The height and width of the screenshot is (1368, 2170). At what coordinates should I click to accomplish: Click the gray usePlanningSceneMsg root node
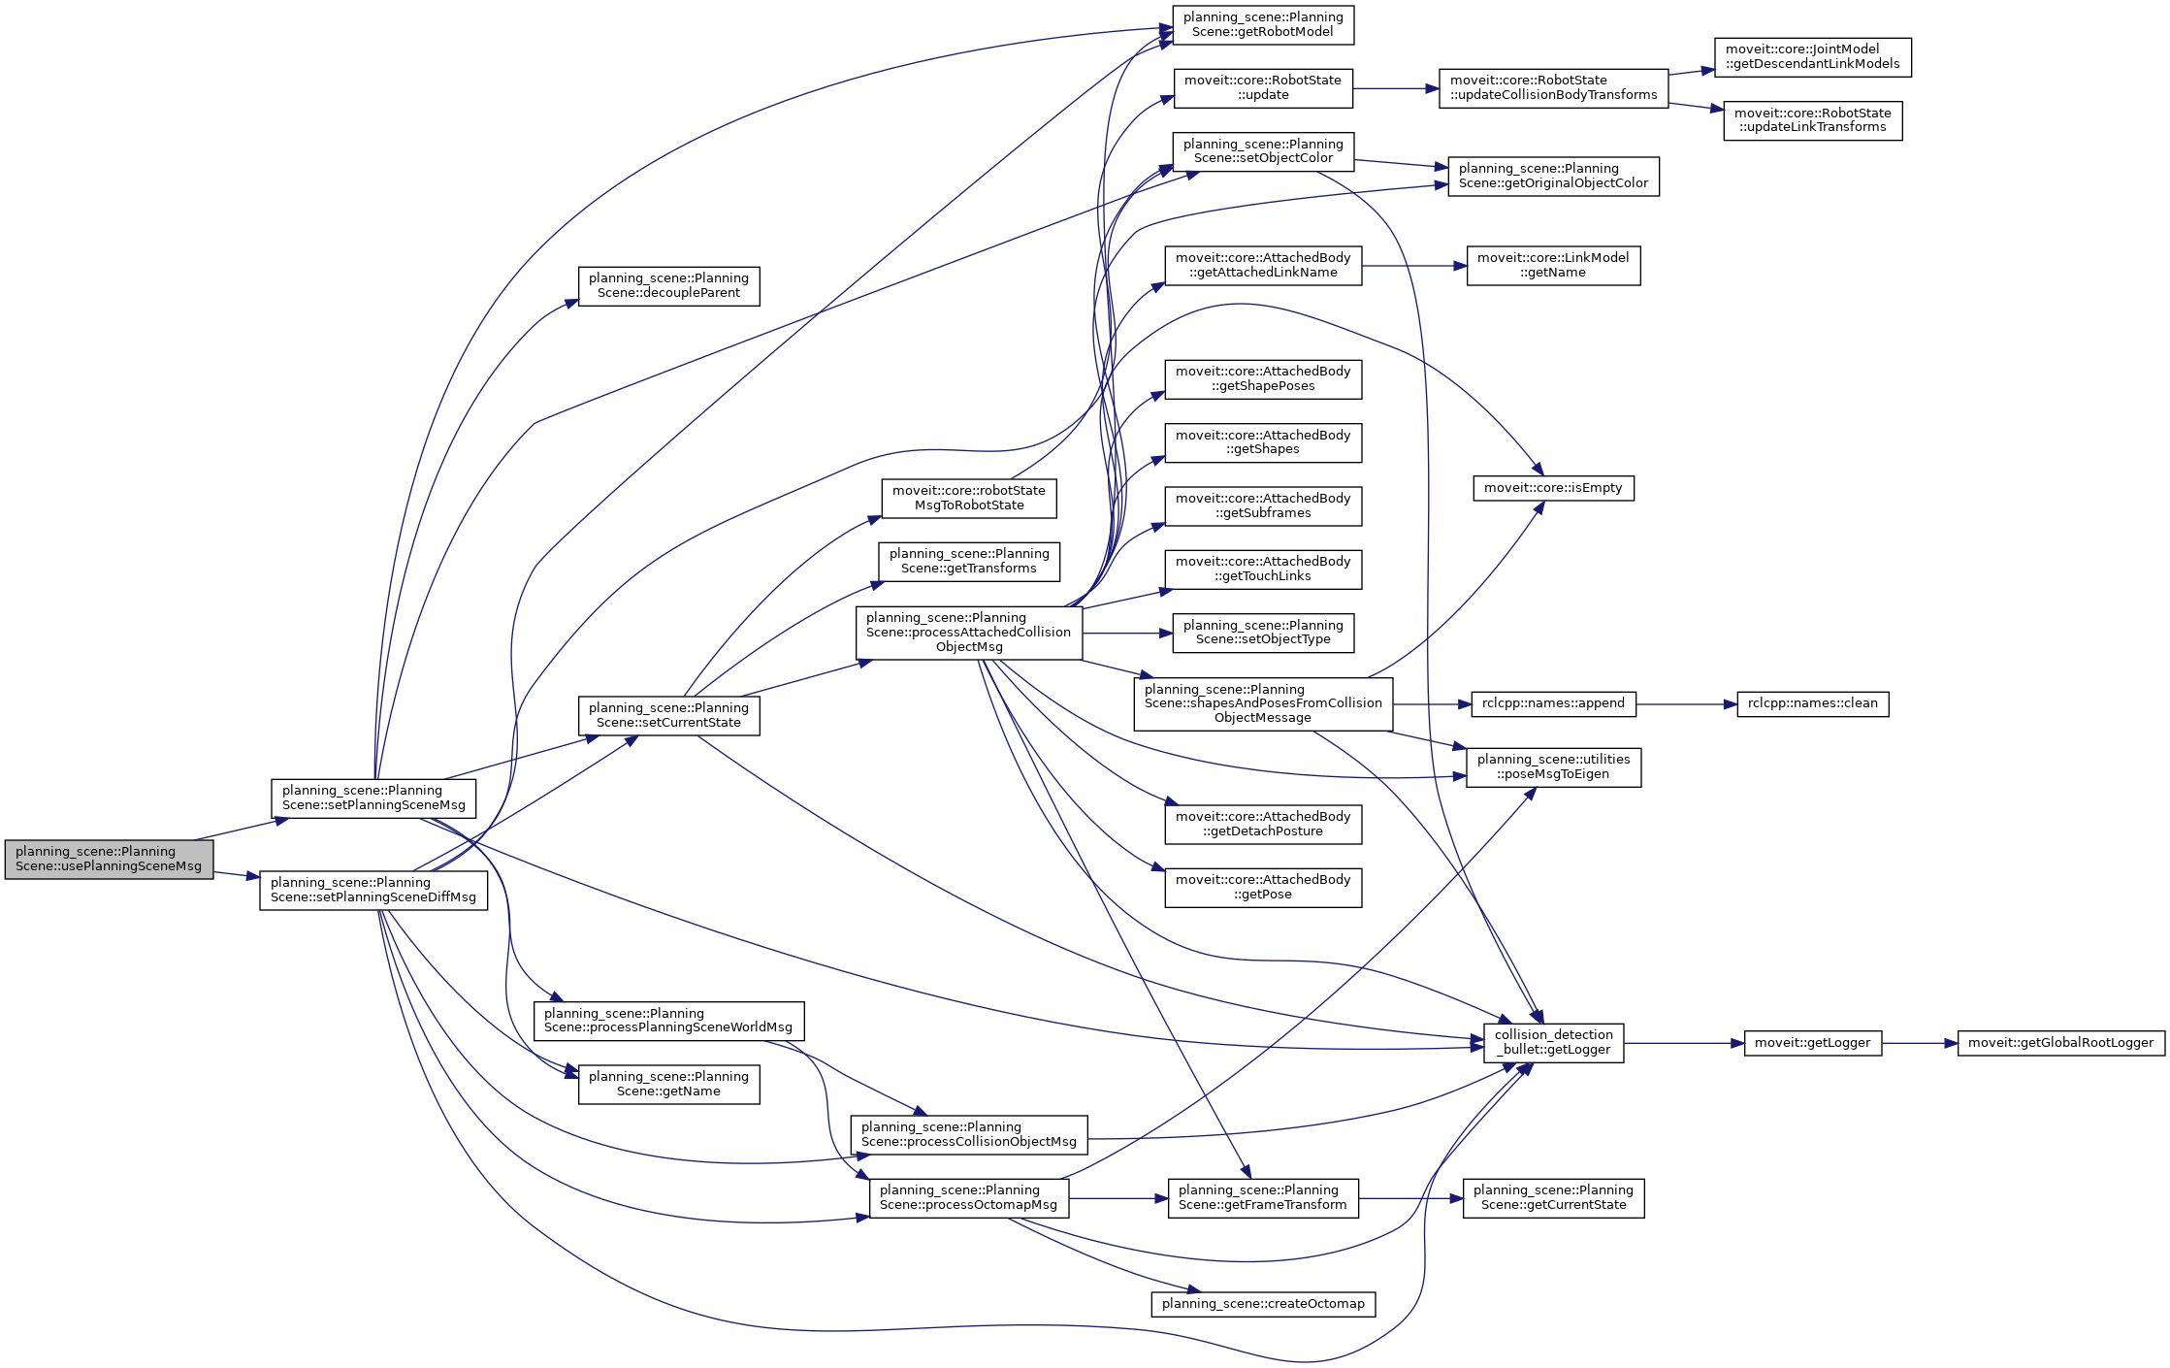coord(109,860)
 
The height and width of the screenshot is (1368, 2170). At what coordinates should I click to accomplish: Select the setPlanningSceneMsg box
coord(373,798)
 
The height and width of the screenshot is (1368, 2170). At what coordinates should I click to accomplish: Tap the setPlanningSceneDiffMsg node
coord(373,891)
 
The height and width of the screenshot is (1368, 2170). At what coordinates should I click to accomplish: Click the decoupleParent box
coord(668,286)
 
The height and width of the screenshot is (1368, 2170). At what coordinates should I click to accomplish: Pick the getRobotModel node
coord(1263,25)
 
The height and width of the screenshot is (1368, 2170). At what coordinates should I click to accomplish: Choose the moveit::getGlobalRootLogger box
coord(2060,1043)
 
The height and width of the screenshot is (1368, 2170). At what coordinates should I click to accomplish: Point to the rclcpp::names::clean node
coord(1812,703)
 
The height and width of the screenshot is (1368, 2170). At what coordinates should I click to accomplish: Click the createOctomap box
coord(1263,1304)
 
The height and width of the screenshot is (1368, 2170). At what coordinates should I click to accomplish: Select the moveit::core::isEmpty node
coord(1553,488)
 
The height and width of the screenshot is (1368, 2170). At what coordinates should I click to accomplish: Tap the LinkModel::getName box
coord(1553,266)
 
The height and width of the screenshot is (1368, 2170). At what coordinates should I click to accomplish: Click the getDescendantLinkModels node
coord(1812,57)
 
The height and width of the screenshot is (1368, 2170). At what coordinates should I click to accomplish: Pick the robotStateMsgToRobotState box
coord(969,499)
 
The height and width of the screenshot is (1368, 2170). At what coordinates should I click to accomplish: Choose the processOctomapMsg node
coord(969,1198)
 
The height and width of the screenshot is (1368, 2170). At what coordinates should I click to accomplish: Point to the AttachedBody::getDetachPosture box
coord(1263,825)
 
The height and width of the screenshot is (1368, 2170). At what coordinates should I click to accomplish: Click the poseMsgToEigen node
coord(1553,767)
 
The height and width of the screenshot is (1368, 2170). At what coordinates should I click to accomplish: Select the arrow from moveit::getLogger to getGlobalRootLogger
coord(1919,1043)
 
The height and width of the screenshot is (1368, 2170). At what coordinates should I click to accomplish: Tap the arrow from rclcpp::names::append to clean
coord(1686,704)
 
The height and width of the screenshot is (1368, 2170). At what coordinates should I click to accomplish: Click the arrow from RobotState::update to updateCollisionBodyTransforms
coord(1395,88)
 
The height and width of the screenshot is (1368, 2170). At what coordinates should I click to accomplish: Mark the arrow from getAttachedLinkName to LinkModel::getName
coord(1413,266)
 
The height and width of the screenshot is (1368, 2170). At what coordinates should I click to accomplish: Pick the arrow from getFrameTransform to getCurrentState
coord(1410,1198)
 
